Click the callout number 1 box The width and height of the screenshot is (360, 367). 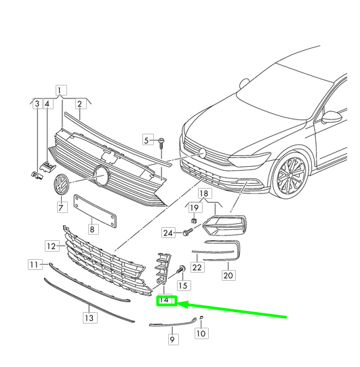(x=61, y=90)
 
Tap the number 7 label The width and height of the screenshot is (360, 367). (x=62, y=208)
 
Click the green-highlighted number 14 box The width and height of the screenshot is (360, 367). (x=166, y=301)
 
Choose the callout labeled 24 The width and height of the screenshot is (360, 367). (x=169, y=233)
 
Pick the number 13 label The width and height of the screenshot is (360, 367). (x=90, y=317)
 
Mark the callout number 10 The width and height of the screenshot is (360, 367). (x=201, y=333)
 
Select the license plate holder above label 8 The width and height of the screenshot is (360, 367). (x=95, y=210)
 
